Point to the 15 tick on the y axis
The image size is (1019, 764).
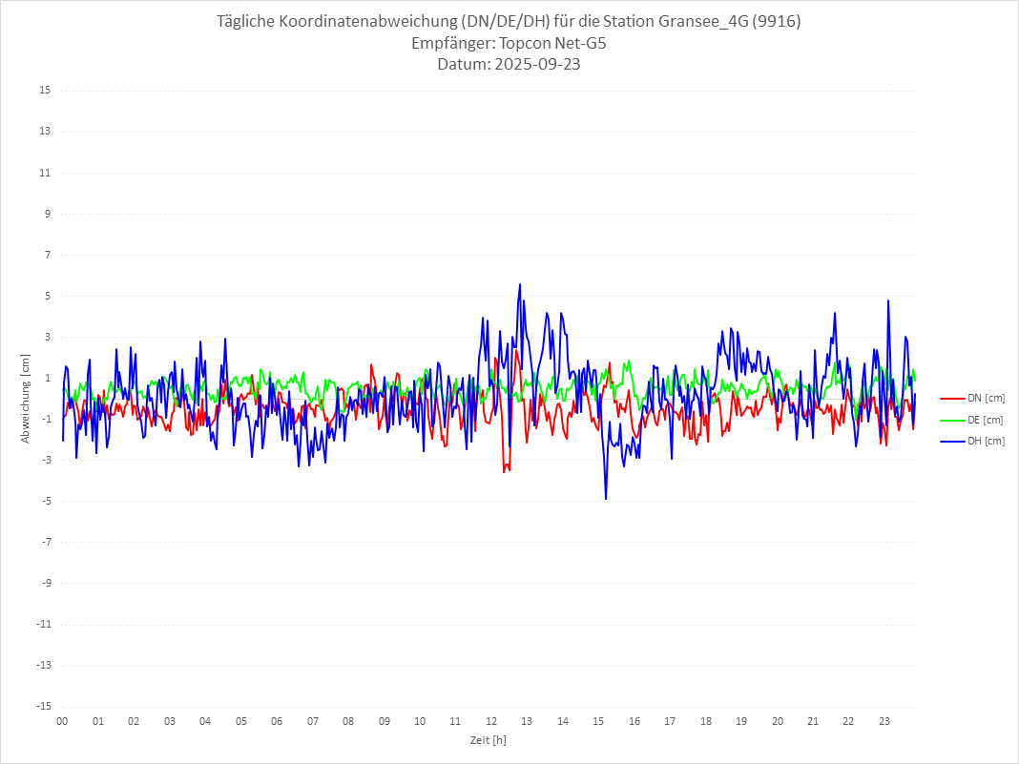[45, 91]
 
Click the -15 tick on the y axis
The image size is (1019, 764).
[43, 707]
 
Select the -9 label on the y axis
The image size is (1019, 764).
[45, 584]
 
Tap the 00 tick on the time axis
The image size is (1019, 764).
[62, 722]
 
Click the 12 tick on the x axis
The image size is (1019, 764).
[491, 722]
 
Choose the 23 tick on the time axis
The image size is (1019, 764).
[884, 722]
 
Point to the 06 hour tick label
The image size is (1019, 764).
[277, 722]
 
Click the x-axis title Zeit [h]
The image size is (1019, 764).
[488, 740]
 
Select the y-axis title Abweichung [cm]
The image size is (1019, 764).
[26, 398]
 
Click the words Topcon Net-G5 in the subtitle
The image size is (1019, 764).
[553, 44]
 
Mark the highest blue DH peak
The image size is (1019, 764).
[520, 284]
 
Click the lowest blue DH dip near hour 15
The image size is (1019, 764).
[606, 499]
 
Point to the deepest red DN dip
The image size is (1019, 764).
[505, 472]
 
